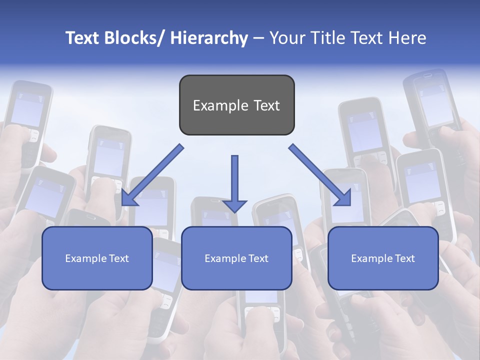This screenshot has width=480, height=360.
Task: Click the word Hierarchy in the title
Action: coord(209,38)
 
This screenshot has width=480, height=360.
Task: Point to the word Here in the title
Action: coord(407,38)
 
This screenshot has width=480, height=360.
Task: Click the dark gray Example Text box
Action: coord(236,105)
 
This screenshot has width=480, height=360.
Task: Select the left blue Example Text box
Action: coord(97,258)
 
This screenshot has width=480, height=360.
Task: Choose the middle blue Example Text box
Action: coord(236,258)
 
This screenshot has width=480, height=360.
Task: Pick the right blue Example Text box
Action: coord(383,258)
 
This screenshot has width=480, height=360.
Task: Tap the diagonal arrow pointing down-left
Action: coord(152,175)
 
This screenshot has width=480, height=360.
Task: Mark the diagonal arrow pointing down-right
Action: coord(320,175)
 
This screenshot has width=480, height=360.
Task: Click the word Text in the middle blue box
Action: coord(257,258)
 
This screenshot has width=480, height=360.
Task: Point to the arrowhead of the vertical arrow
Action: coord(234,205)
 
